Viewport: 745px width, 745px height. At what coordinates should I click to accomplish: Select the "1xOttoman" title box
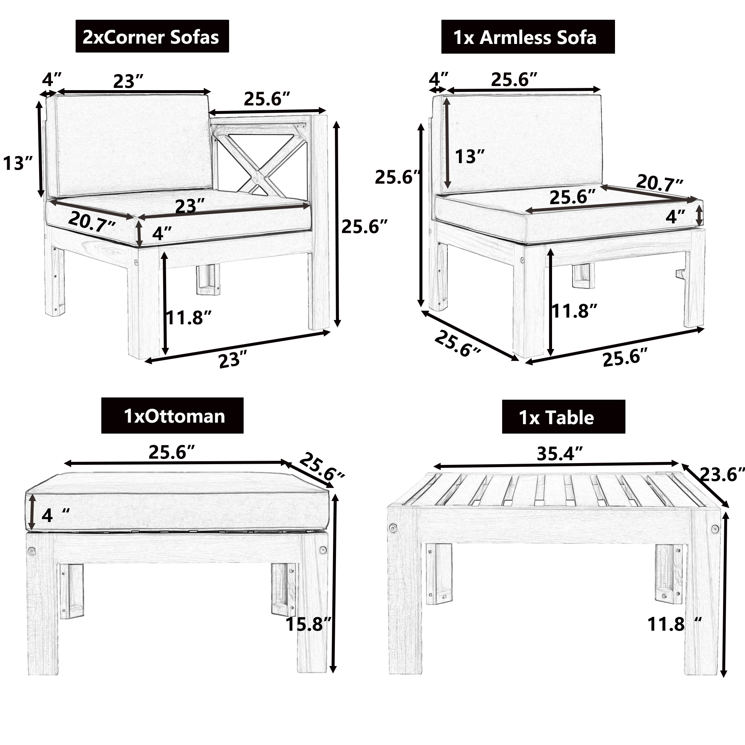pos(172,416)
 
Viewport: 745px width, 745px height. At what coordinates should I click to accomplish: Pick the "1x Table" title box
pos(563,417)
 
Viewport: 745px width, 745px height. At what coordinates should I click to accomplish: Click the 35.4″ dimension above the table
pos(559,453)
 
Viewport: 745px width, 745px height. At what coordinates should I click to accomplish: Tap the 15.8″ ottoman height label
pos(308,624)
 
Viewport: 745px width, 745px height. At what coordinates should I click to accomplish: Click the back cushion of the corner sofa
pos(133,145)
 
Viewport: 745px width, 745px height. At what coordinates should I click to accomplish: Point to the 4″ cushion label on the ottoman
pos(56,516)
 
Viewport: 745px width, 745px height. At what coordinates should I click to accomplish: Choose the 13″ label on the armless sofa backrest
pos(470,156)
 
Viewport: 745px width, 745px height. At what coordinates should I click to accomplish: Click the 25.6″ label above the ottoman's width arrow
pos(172,452)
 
